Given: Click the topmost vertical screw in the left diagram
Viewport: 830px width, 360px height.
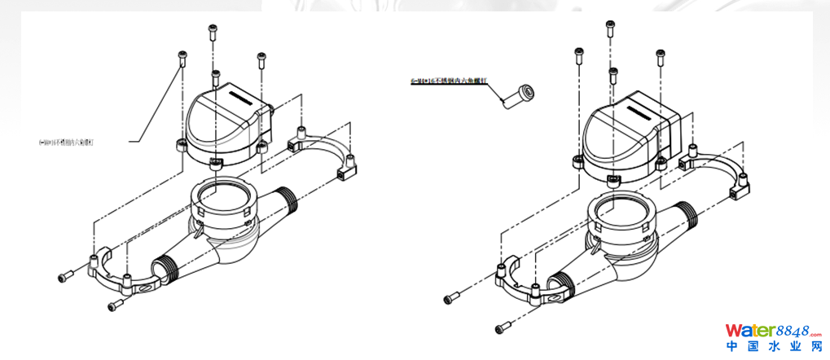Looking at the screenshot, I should click(x=213, y=32).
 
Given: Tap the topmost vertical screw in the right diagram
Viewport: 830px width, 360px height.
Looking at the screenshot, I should click(x=609, y=26).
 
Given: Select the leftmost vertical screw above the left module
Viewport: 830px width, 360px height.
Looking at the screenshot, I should click(x=182, y=59).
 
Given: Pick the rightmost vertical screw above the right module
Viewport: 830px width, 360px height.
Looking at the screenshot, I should click(x=661, y=58).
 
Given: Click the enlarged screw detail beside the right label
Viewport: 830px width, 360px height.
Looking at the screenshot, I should click(x=519, y=94).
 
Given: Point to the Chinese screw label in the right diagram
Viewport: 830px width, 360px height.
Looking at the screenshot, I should click(x=449, y=81).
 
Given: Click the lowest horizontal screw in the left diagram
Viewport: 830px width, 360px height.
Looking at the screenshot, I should click(x=117, y=305).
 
